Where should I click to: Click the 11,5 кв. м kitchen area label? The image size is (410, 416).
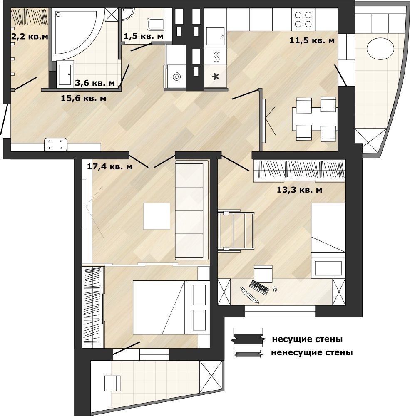pyautogui.click(x=312, y=41)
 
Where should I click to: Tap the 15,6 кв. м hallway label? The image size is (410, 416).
pyautogui.click(x=83, y=98)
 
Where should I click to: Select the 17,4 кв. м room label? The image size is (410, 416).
pyautogui.click(x=109, y=167)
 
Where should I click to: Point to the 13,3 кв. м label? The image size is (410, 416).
pyautogui.click(x=300, y=190)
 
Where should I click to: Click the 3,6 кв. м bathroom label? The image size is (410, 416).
pyautogui.click(x=95, y=83)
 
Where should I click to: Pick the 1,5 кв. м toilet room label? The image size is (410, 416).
pyautogui.click(x=143, y=36)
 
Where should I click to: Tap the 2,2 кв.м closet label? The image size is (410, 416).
pyautogui.click(x=30, y=36)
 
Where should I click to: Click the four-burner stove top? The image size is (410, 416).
pyautogui.click(x=303, y=20)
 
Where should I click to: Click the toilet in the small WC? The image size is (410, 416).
pyautogui.click(x=156, y=24)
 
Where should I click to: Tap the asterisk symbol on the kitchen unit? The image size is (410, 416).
pyautogui.click(x=215, y=77)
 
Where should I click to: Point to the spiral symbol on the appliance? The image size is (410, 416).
pyautogui.click(x=176, y=77)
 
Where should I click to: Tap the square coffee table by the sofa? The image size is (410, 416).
pyautogui.click(x=157, y=216)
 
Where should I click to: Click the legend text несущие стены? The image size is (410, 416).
pyautogui.click(x=307, y=339)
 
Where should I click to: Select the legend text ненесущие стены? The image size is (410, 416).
pyautogui.click(x=312, y=353)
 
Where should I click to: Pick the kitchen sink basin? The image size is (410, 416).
pyautogui.click(x=215, y=36)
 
